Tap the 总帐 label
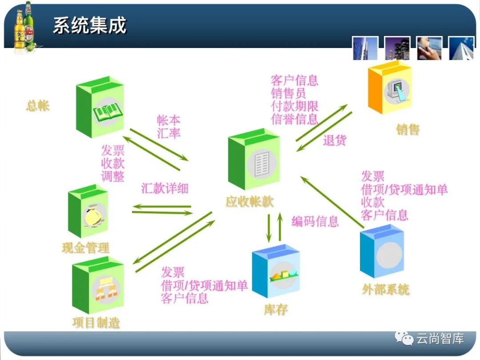[38, 106]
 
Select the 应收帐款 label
[249, 202]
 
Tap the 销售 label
[408, 130]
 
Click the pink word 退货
[335, 140]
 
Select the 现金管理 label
[86, 248]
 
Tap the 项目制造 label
[96, 322]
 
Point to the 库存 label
[276, 309]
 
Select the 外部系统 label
[385, 290]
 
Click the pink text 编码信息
[315, 221]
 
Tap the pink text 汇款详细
[165, 188]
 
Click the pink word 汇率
[169, 133]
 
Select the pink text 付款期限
[295, 106]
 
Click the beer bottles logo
[24, 27]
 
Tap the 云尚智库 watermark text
[440, 339]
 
